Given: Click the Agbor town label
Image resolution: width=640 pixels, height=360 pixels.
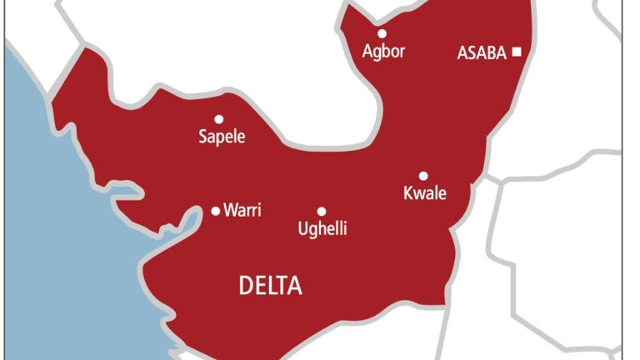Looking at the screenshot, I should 383,52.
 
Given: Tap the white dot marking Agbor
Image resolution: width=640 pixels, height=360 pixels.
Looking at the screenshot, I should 382,33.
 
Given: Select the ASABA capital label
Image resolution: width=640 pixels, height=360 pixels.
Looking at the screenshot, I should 482,53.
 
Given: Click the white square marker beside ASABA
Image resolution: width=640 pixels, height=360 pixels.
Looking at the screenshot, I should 517,52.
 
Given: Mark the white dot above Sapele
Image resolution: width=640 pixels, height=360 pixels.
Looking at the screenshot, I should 219,119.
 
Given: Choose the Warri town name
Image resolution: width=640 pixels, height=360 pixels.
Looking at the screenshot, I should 242,211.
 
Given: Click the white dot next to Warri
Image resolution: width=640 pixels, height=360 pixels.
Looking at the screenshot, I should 216,211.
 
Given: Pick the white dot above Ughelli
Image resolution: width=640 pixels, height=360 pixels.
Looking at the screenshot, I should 322,212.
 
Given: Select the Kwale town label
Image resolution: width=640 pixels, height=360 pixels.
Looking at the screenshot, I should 425,194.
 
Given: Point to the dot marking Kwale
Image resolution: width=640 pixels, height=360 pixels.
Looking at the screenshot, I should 423,176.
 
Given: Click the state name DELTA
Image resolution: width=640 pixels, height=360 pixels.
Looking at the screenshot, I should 271,287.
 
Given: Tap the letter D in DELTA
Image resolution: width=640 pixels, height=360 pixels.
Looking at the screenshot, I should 247,287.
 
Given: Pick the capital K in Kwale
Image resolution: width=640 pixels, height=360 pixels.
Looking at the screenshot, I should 408,194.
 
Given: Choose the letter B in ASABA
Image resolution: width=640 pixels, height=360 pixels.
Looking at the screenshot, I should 492,53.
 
